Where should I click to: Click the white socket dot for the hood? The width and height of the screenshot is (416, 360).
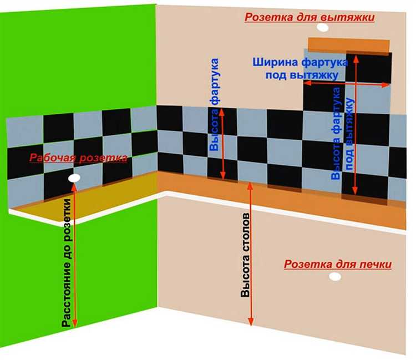pos(323,27)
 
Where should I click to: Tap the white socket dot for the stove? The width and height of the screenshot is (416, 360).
pos(335,277)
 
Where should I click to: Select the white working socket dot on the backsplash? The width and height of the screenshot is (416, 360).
pos(74,178)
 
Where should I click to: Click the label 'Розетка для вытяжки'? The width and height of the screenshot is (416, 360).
pos(310,18)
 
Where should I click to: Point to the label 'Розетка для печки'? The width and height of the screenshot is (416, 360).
pos(338,264)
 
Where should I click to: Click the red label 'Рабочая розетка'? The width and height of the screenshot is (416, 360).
pos(78,158)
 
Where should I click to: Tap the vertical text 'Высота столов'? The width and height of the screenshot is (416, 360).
pos(245,255)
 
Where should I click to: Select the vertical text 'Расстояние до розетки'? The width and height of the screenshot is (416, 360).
pos(67,262)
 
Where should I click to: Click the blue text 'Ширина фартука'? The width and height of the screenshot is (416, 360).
pos(300,63)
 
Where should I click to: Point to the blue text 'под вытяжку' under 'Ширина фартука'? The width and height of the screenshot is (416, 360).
pos(302,75)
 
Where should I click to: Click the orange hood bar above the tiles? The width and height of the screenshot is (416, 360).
pos(349,45)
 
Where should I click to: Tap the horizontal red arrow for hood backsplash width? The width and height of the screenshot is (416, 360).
pos(346,84)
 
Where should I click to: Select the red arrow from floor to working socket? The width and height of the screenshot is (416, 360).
pos(74,255)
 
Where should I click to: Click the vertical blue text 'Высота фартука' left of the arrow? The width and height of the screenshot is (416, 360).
pos(214,105)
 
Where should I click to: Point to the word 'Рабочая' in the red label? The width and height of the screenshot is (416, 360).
pos(53,158)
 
